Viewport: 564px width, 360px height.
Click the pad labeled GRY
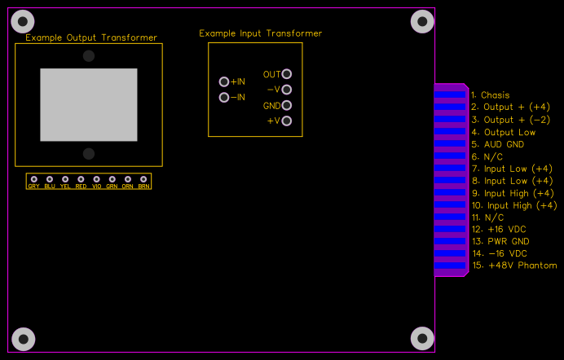[x=33, y=179]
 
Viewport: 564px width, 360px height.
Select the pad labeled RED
[x=81, y=179]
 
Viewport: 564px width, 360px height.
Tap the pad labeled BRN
[x=143, y=179]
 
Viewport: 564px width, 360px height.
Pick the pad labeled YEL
[x=65, y=179]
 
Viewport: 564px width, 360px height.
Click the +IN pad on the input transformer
[x=224, y=81]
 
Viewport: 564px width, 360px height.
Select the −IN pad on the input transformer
[x=224, y=98]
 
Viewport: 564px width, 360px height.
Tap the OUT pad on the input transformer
[x=286, y=74]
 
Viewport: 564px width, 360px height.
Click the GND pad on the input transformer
[x=286, y=106]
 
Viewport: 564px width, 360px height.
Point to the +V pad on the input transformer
[x=286, y=121]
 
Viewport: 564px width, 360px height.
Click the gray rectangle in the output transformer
[x=89, y=104]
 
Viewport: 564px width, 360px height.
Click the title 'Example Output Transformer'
[x=91, y=37]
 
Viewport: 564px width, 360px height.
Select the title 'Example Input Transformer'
[x=261, y=33]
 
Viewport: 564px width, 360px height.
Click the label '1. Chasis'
[x=490, y=95]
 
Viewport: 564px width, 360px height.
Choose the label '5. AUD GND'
[x=497, y=144]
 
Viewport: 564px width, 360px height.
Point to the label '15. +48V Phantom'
[x=514, y=266]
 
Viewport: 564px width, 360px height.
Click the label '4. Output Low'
[x=503, y=132]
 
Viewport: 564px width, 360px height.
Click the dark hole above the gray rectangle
[x=88, y=55]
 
